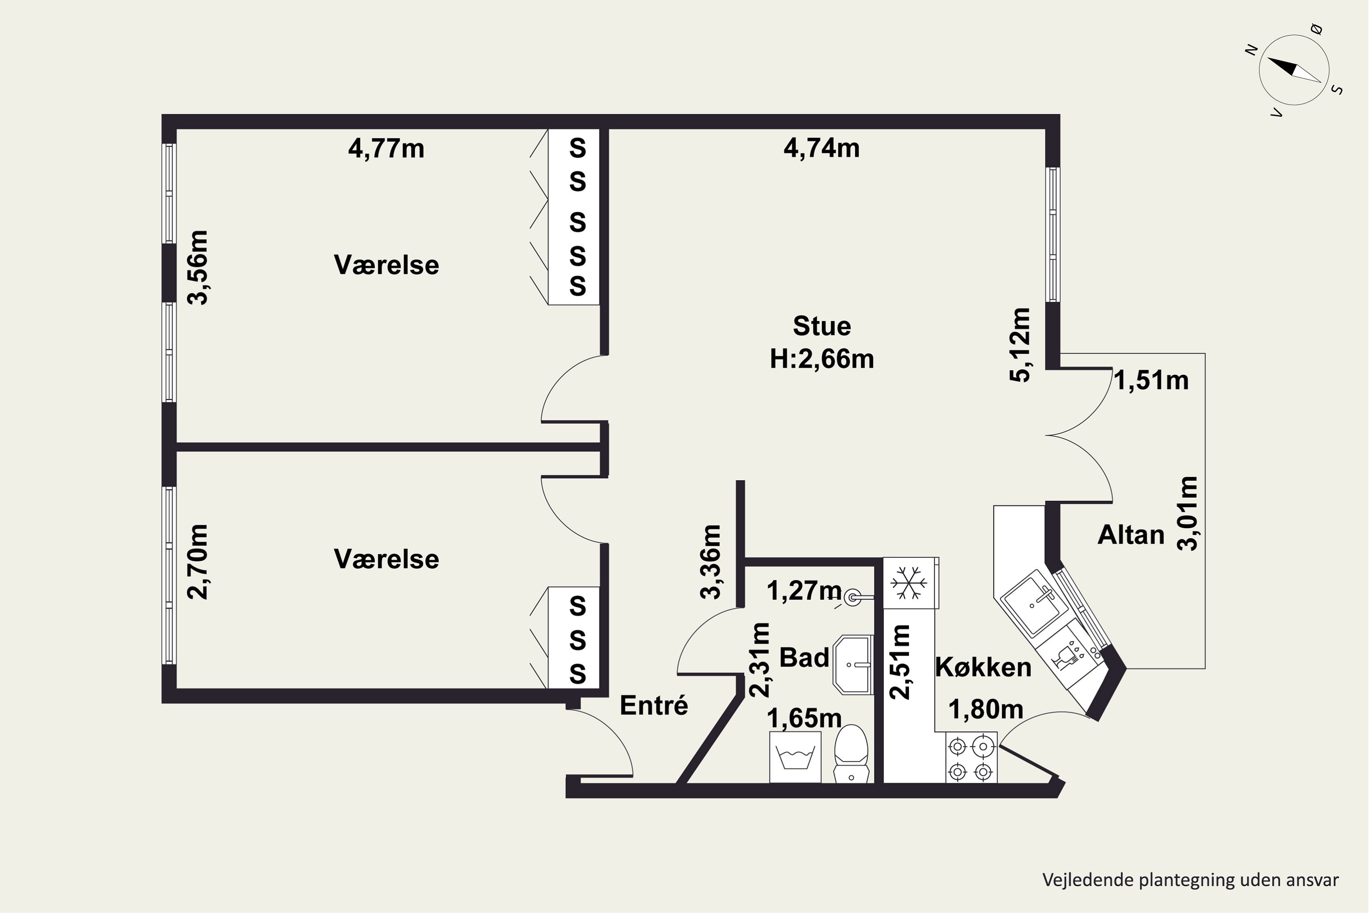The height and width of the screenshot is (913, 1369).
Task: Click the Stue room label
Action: click(x=822, y=326)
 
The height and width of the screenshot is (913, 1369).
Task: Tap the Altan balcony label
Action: click(x=1131, y=535)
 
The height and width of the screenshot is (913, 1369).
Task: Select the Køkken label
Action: click(x=983, y=667)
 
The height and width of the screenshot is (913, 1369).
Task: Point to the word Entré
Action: click(x=653, y=706)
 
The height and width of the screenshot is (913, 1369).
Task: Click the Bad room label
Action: click(x=804, y=658)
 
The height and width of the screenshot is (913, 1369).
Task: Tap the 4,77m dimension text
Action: click(x=386, y=148)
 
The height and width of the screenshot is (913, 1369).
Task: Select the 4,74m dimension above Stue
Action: click(x=821, y=148)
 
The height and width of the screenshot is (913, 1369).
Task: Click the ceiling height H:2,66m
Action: click(x=822, y=359)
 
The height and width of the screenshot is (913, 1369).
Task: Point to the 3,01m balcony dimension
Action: click(x=1187, y=513)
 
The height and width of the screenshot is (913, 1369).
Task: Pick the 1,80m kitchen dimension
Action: click(x=986, y=709)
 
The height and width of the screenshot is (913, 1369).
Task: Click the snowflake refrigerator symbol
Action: click(x=908, y=583)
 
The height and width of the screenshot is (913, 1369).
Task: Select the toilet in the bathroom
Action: click(x=851, y=754)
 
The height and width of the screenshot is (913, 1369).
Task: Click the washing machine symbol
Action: click(x=795, y=757)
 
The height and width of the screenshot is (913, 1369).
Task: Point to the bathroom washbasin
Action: click(x=853, y=664)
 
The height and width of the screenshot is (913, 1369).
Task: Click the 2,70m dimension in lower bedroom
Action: click(x=197, y=561)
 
